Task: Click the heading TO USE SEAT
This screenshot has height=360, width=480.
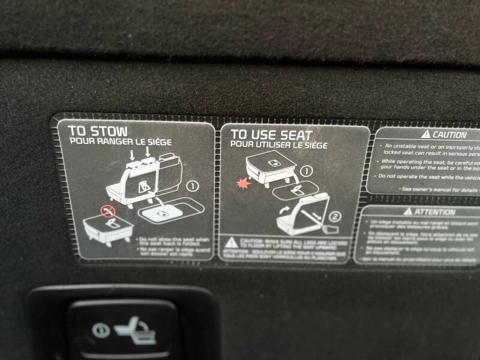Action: (271, 135)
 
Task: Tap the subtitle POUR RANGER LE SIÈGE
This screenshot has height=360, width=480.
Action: (121, 142)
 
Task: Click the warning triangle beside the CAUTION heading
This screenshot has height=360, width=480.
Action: (426, 134)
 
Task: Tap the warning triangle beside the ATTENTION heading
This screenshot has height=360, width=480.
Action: (408, 211)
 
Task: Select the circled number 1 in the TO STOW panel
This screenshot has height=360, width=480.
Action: (192, 186)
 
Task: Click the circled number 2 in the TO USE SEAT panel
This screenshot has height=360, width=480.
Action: (334, 216)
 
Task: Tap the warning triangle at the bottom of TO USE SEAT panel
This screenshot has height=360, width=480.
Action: (231, 243)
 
